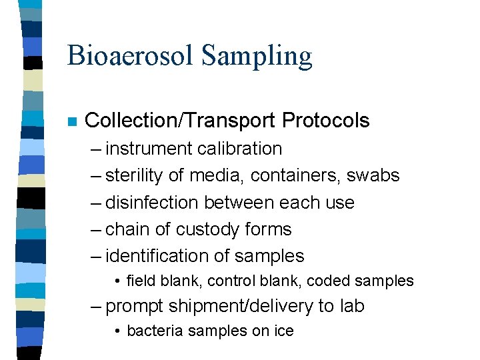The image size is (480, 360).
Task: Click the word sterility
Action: tap(136, 176)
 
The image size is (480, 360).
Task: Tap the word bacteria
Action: tap(150, 331)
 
